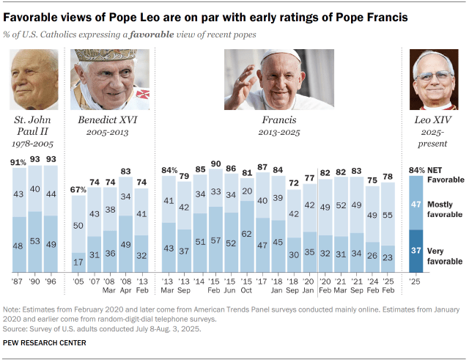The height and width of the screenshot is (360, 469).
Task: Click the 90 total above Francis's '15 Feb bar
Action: click(216, 164)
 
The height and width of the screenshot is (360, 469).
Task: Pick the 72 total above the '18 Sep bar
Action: click(294, 183)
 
